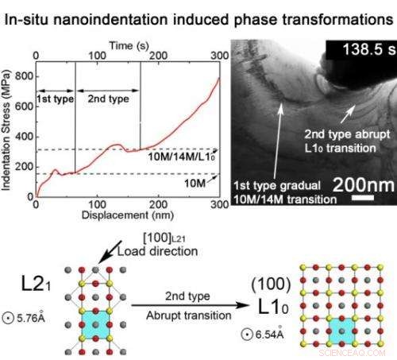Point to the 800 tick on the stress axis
(23, 76)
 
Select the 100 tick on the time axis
(96, 52)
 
